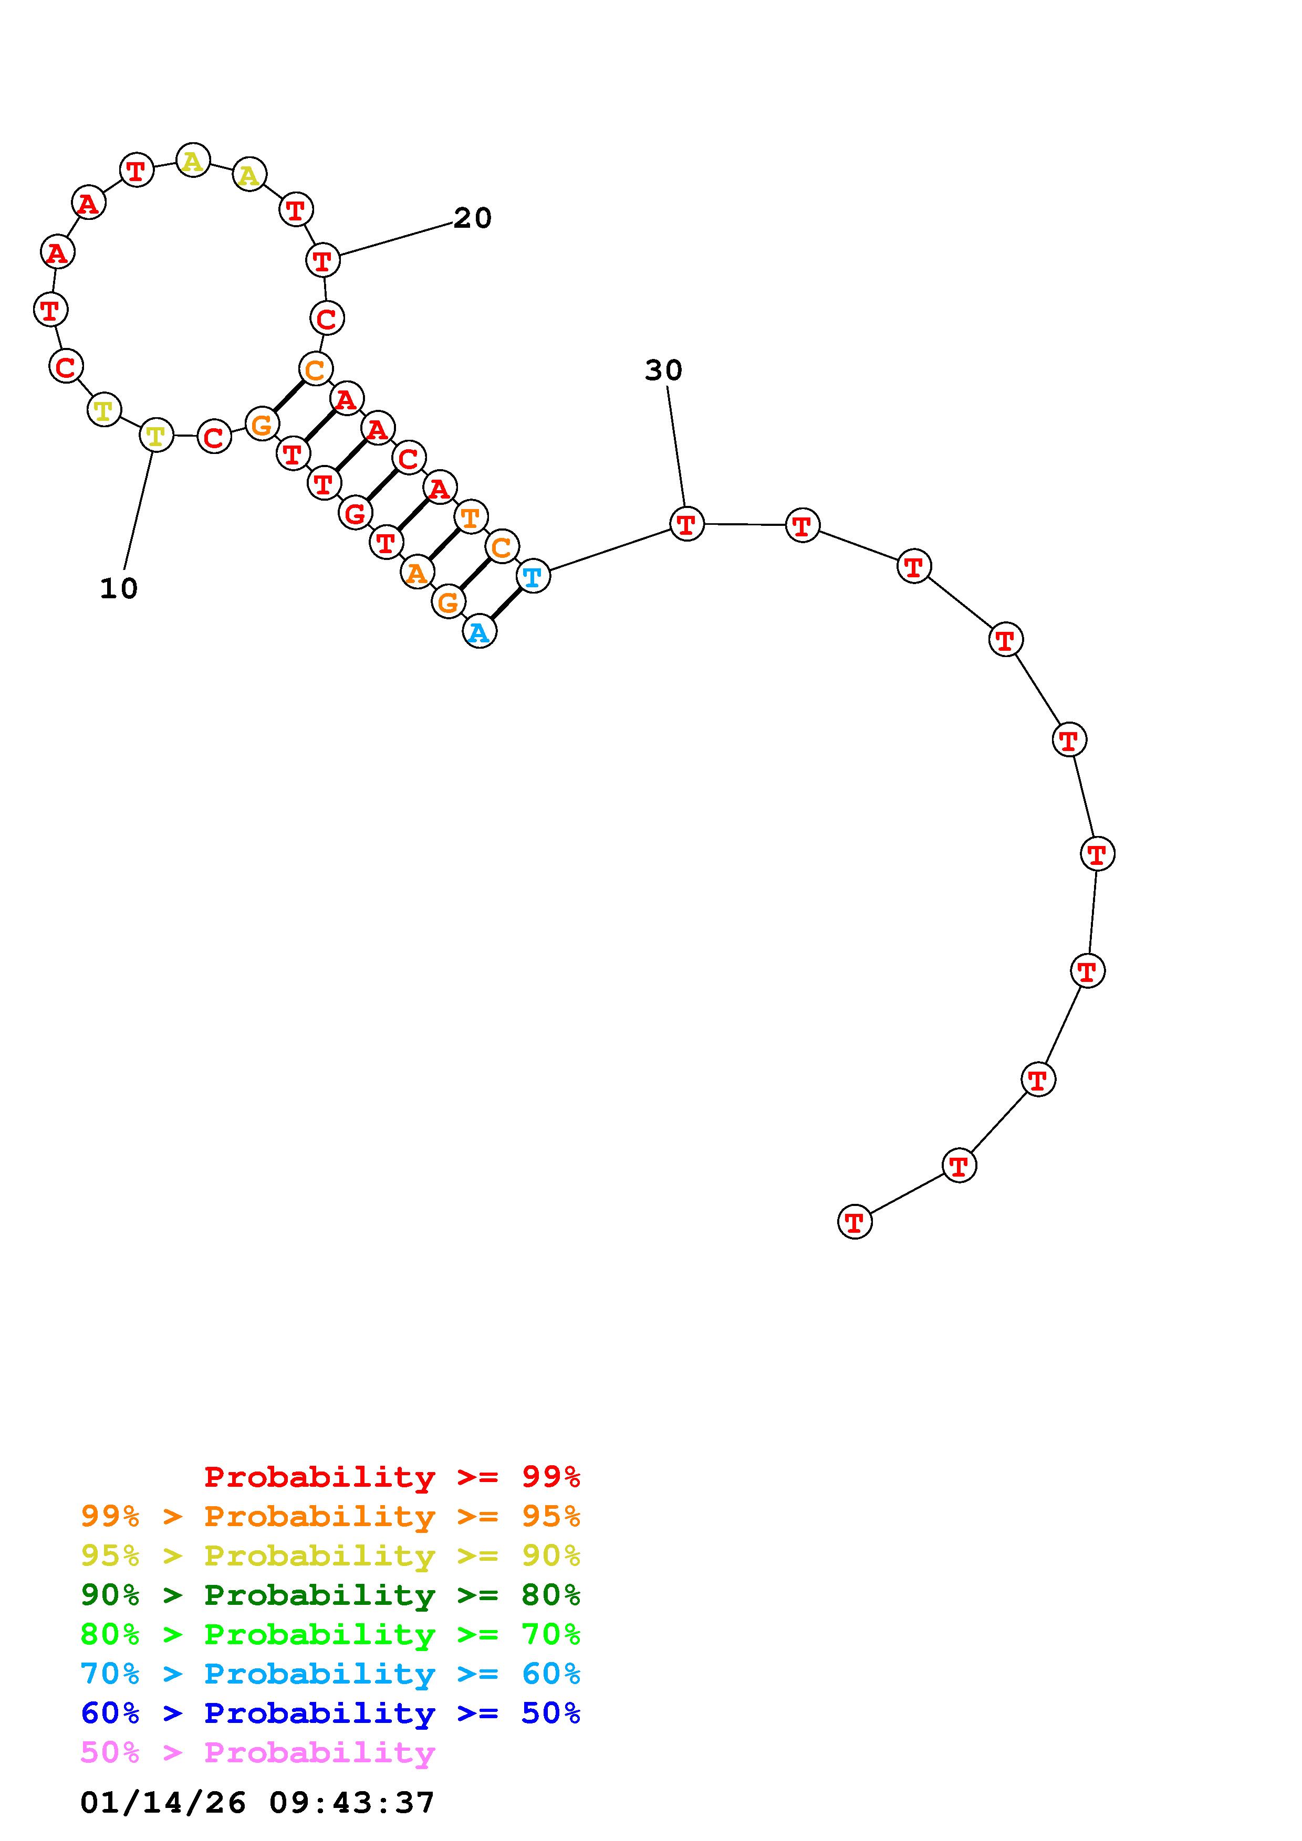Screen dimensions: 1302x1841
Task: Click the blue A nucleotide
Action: coord(480,632)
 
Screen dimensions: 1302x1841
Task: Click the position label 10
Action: coord(119,588)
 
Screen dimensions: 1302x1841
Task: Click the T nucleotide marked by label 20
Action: coord(324,260)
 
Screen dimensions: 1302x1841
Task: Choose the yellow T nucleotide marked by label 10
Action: coord(157,436)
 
